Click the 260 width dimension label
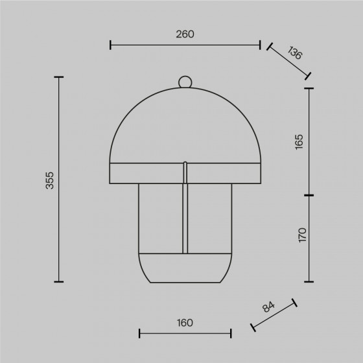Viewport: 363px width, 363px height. [185, 34]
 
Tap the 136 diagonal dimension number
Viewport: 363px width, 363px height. [295, 53]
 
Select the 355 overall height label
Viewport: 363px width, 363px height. [49, 180]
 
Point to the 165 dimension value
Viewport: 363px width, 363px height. [299, 142]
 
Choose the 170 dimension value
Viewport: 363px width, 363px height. [302, 235]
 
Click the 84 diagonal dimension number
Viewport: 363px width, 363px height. [268, 307]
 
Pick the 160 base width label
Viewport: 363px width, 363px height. [185, 323]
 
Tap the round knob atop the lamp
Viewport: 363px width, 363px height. [185, 82]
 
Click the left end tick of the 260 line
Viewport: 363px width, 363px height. [110, 45]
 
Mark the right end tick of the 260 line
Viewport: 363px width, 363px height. [260, 45]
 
